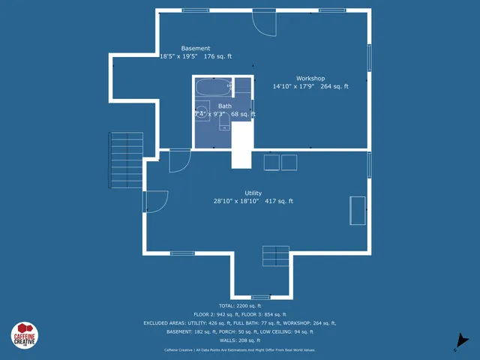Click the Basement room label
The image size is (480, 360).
point(196,48)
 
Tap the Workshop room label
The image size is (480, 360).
point(310,78)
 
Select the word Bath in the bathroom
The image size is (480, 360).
point(225,106)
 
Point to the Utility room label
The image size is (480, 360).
point(253,193)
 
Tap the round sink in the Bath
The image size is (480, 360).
point(201,114)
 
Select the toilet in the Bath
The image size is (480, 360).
point(224,123)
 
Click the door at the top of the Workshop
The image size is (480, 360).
point(264,22)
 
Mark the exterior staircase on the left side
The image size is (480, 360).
point(127,160)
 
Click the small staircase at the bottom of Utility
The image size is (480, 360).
point(275,256)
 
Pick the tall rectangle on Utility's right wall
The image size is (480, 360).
point(358,211)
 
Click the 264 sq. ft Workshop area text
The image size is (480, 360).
point(334,87)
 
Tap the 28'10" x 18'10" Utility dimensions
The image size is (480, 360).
point(236,201)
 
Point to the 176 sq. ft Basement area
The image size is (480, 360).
point(218,56)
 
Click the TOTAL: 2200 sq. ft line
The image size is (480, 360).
point(240,306)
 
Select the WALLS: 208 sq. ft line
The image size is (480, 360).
point(240,340)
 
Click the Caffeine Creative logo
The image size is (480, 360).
point(24,335)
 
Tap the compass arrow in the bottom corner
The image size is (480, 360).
point(463,342)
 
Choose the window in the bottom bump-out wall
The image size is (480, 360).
point(260,297)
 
